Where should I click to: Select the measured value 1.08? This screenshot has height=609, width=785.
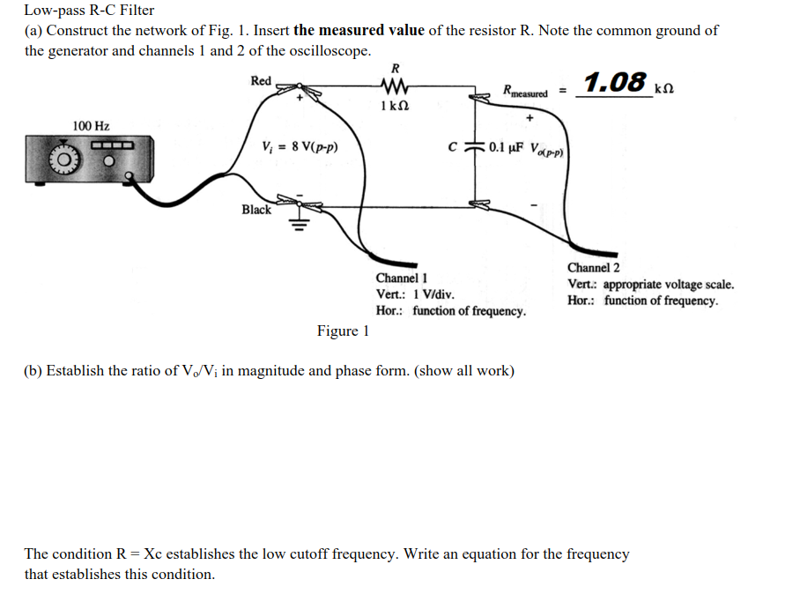pyautogui.click(x=615, y=82)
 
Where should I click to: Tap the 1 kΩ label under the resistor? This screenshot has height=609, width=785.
pyautogui.click(x=394, y=107)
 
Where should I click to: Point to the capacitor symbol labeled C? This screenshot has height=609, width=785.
pyautogui.click(x=476, y=147)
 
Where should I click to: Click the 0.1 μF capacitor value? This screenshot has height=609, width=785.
pyautogui.click(x=507, y=147)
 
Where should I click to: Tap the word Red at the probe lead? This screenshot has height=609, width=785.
pyautogui.click(x=261, y=81)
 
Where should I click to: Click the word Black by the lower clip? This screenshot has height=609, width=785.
pyautogui.click(x=256, y=210)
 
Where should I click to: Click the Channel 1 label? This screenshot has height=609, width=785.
pyautogui.click(x=402, y=278)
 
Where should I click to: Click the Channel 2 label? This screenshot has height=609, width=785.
pyautogui.click(x=593, y=268)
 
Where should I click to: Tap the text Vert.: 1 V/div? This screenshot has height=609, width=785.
pyautogui.click(x=415, y=294)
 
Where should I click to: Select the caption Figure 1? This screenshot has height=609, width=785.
pyautogui.click(x=343, y=331)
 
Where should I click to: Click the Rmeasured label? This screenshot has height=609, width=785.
pyautogui.click(x=524, y=91)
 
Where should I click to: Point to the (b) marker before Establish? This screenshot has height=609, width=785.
pyautogui.click(x=33, y=371)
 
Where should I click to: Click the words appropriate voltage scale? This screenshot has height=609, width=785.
pyautogui.click(x=668, y=285)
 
